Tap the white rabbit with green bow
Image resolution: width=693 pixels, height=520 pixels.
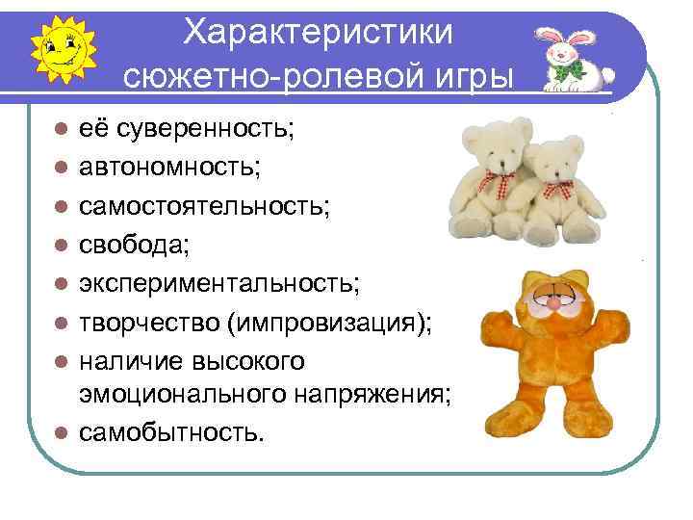[x=575, y=57]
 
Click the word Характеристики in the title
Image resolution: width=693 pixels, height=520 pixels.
[x=319, y=32]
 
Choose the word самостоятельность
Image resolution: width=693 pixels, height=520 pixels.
[x=204, y=206]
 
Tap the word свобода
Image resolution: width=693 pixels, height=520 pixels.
[x=135, y=245]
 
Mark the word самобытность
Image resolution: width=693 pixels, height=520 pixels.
[x=169, y=432]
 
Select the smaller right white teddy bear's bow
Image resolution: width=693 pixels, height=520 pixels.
[x=555, y=189]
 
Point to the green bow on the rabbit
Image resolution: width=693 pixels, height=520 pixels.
[x=576, y=68]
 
